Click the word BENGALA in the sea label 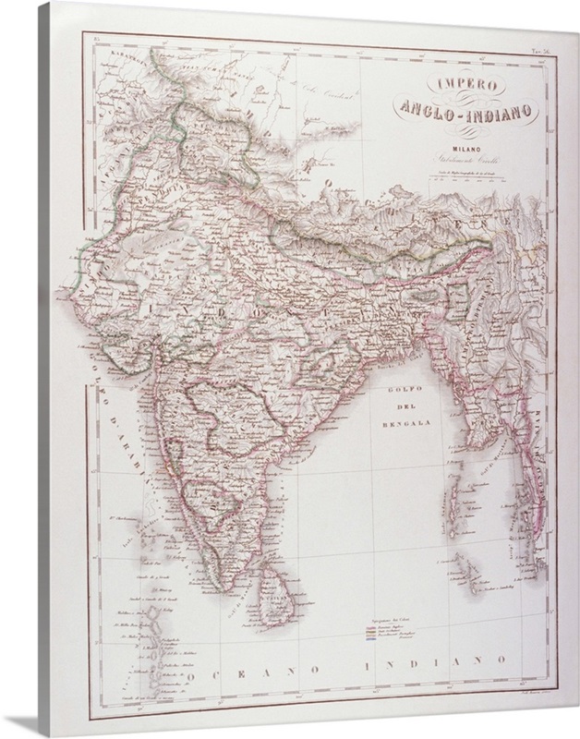(x=408, y=426)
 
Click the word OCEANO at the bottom (x=246, y=667)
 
